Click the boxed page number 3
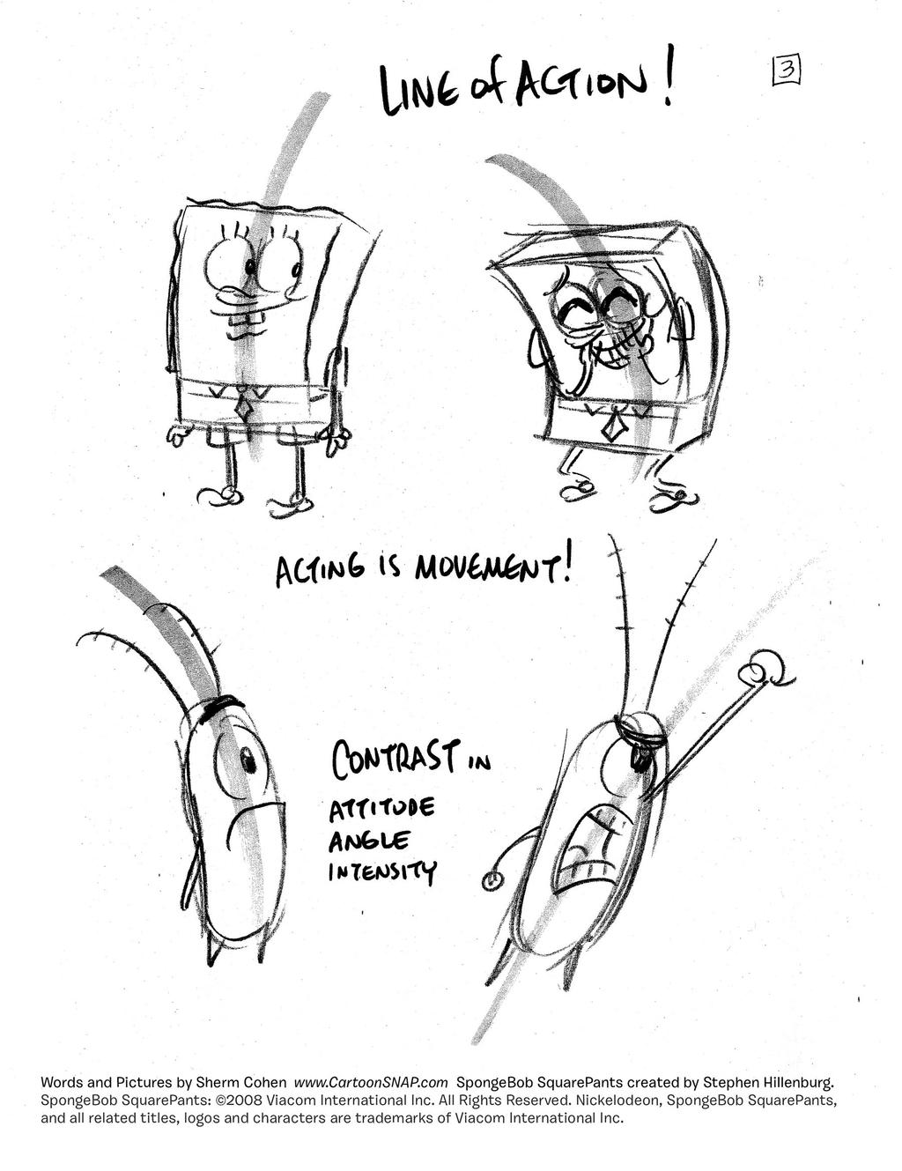click(x=786, y=70)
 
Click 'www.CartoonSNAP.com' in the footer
click(x=371, y=1082)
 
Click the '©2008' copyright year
click(x=236, y=1101)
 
